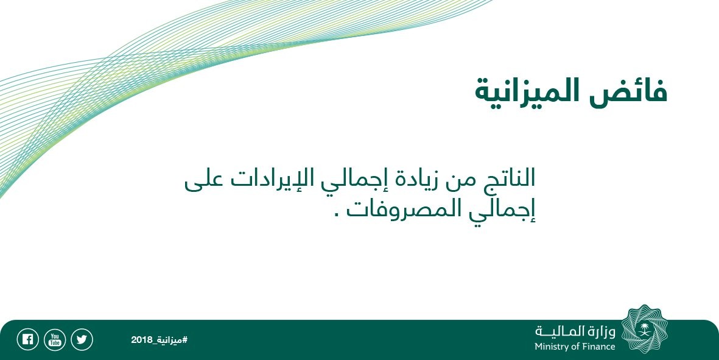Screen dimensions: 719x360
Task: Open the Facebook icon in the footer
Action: tap(27, 340)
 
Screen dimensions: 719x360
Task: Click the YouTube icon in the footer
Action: tap(55, 340)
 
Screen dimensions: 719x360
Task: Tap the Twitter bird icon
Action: tap(82, 340)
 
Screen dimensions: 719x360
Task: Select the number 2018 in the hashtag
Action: tap(140, 341)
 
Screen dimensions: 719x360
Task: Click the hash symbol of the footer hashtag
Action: tap(185, 341)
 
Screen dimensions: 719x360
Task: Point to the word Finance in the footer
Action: tap(598, 346)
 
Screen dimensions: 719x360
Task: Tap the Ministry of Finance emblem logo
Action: tap(645, 330)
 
